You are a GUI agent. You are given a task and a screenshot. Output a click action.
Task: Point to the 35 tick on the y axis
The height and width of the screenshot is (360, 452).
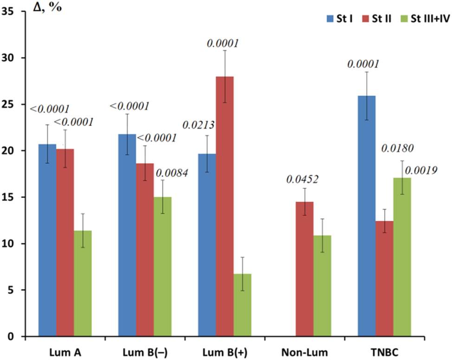[9, 12]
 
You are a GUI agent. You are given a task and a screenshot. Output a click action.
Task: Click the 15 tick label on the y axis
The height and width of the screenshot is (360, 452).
[9, 197]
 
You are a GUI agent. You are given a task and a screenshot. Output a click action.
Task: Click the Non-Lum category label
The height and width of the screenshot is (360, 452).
[304, 352]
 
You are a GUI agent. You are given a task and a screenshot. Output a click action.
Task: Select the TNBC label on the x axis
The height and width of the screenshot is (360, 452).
[384, 352]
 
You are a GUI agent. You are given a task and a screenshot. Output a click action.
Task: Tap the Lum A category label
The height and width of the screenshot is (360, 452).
[65, 352]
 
